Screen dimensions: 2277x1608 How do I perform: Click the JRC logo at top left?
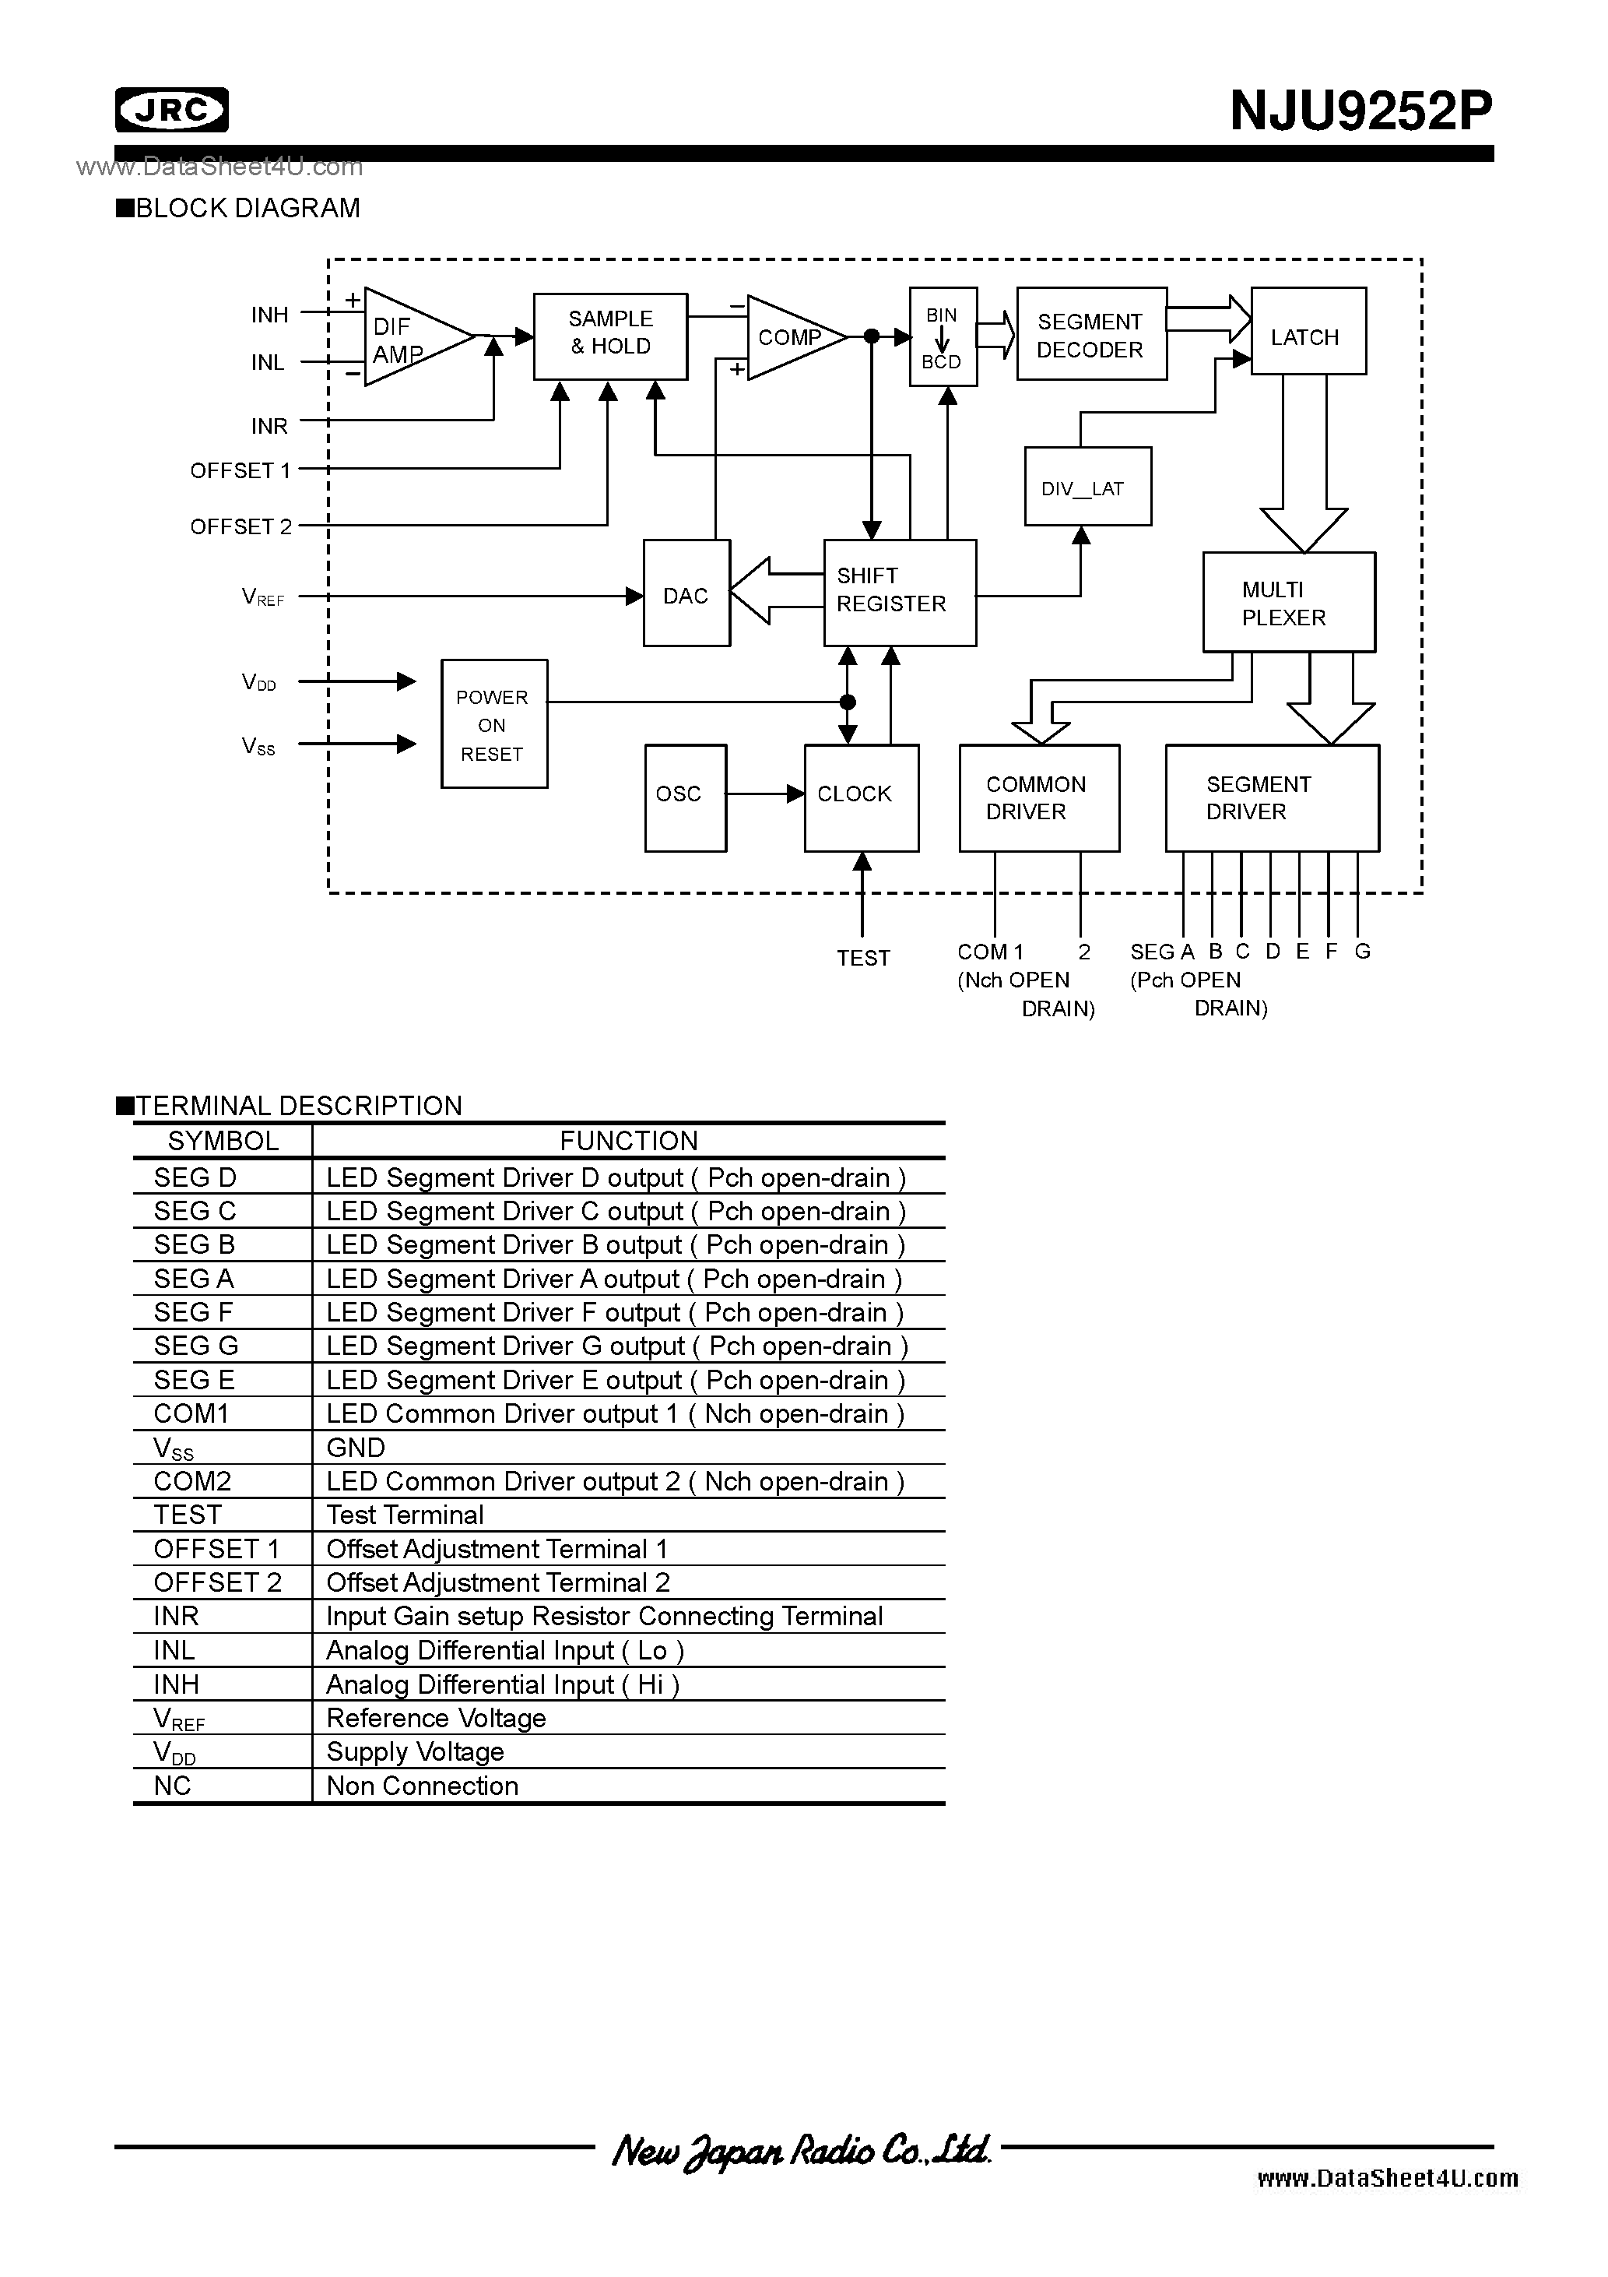(171, 110)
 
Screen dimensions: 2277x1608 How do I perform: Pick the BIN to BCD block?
(942, 337)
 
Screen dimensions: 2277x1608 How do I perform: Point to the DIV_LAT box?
(1087, 486)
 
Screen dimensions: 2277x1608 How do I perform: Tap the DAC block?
(686, 593)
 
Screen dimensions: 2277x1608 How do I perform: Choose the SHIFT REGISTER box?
(899, 592)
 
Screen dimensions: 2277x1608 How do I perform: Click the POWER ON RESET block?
(493, 724)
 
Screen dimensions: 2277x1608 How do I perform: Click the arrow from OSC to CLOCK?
(764, 794)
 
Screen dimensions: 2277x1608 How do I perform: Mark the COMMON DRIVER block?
(1038, 797)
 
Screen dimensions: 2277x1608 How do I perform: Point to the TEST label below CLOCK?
(862, 958)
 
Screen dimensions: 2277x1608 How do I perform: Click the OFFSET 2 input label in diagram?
(241, 526)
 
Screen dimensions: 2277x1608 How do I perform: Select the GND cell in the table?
(356, 1448)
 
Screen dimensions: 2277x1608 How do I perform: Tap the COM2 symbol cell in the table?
(192, 1482)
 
